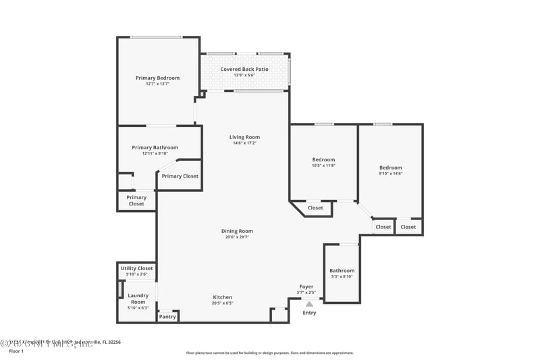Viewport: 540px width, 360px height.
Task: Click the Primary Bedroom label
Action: coord(157,78)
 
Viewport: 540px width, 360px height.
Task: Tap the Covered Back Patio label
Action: coord(244,69)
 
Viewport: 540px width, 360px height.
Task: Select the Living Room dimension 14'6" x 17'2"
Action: coord(244,143)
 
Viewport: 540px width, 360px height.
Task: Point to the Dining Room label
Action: coord(237,231)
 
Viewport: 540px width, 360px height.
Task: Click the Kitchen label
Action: coord(223,297)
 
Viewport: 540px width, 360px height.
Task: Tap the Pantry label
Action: coord(167,316)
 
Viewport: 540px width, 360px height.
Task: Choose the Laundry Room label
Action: coord(138,299)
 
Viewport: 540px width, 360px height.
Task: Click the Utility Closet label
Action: coord(137,268)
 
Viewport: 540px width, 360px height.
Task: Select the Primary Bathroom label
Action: coord(155,147)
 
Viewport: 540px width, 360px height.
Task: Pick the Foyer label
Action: coord(306,286)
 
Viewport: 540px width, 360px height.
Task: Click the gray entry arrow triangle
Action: coord(309,304)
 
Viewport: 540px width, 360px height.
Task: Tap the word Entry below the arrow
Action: coord(309,313)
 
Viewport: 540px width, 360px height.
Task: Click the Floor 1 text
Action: coord(16,351)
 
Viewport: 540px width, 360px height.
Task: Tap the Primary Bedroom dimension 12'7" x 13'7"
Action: coord(157,84)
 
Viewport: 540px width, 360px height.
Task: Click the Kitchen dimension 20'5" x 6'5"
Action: coord(223,303)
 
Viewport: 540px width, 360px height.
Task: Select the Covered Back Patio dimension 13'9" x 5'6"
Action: coord(244,75)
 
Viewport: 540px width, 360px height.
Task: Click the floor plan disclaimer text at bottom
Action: coord(269,353)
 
